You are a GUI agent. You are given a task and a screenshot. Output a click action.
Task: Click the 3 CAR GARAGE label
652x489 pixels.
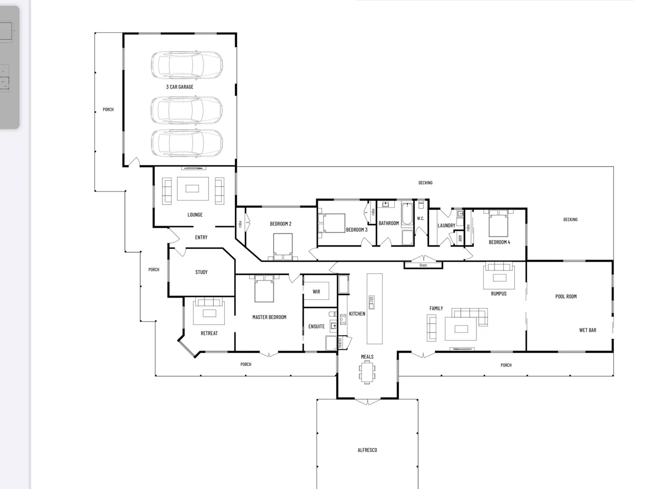point(180,87)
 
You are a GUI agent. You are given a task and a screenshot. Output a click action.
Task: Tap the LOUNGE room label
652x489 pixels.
point(195,215)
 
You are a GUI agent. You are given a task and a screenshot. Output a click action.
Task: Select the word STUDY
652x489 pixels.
point(201,272)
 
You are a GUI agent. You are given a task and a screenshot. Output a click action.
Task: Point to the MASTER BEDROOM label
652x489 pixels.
point(269,317)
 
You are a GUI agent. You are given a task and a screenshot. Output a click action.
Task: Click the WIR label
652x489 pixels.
point(316,292)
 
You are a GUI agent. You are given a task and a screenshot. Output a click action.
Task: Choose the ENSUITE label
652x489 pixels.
point(316,326)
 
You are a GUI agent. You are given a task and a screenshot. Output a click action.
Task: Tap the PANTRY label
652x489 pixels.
point(340,343)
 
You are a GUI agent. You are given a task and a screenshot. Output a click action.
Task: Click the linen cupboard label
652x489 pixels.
point(424,265)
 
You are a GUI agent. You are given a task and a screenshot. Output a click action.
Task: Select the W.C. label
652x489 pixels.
point(421,219)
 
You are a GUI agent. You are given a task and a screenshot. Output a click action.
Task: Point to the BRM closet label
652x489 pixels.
point(460,239)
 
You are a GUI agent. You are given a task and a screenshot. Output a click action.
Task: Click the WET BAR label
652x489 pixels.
point(588,330)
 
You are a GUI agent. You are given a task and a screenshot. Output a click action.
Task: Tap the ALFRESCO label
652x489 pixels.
point(367,450)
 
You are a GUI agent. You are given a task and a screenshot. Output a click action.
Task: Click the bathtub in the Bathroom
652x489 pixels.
point(407,214)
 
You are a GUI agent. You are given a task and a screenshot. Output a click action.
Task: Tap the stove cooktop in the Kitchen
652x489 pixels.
point(343,320)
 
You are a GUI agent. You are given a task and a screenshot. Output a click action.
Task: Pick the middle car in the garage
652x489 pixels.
point(186,110)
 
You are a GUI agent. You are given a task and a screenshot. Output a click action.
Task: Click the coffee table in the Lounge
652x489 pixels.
point(192,188)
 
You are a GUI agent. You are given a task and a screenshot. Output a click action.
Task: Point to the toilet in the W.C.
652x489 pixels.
point(421,205)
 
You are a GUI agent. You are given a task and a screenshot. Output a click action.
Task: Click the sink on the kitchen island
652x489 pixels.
point(371,302)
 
